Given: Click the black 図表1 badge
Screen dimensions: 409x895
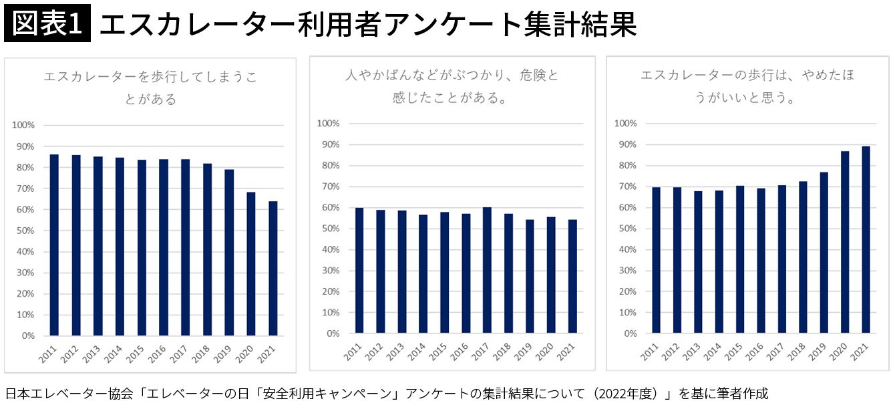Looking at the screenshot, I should coord(47,25).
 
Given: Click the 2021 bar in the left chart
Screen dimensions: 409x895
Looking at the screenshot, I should coord(273,268).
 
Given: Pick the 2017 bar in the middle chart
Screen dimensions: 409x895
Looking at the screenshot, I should coord(487,270).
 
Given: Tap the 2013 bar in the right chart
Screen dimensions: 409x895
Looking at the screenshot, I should coord(698,261).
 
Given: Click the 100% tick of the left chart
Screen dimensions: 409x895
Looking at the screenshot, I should coord(23,125).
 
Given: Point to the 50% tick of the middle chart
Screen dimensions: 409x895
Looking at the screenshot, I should coord(329,229).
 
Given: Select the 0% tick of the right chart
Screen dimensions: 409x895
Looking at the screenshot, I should coord(630,333).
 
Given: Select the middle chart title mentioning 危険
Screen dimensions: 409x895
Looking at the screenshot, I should coord(452,87).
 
